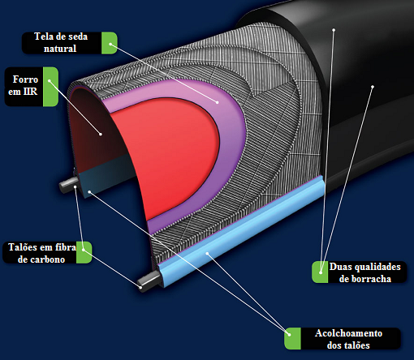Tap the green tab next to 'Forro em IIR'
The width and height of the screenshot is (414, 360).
pos(50,87)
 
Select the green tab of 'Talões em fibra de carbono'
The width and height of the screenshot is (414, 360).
pos(83,254)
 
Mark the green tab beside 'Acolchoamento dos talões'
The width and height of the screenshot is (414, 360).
pos(293,339)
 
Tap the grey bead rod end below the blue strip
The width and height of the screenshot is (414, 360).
pos(146,283)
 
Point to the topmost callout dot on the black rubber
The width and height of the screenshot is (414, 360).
pos(334,30)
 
